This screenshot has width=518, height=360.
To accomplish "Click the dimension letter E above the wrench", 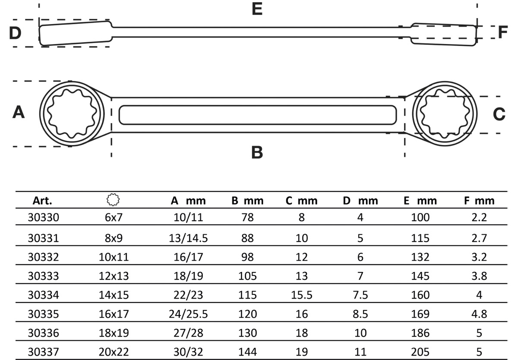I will [257, 9].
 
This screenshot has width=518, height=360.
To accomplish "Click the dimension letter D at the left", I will [16, 33].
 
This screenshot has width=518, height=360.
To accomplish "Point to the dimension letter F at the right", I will [502, 32].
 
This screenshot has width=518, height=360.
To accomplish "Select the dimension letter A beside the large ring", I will [18, 113].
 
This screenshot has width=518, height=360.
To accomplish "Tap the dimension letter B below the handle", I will [257, 152].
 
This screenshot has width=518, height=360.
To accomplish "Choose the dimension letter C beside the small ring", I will [499, 114].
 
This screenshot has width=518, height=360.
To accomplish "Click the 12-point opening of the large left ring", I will [72, 114].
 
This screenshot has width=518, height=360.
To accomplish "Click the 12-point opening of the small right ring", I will [445, 114].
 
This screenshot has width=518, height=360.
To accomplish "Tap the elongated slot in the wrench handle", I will [258, 114].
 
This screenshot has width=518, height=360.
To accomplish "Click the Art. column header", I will [42, 201].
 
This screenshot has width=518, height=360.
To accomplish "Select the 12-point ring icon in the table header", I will [113, 200].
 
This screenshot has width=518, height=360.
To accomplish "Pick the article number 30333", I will [42, 276].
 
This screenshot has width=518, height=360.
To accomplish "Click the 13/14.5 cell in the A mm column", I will [188, 238].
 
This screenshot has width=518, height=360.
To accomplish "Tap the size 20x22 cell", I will [114, 352].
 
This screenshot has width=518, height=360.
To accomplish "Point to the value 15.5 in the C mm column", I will [301, 295].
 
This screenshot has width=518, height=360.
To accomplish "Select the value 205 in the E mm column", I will [420, 352].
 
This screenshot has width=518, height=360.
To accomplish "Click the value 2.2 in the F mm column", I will [479, 217].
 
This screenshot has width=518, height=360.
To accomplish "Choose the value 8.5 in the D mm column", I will [360, 314].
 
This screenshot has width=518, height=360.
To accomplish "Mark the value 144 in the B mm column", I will [247, 352].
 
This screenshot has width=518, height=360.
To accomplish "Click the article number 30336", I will [42, 333].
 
